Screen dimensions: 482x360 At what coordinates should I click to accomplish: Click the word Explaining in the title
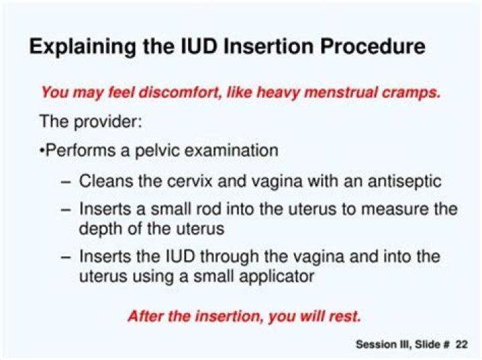pos(82,48)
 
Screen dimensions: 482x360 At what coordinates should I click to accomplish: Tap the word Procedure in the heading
pos(373,46)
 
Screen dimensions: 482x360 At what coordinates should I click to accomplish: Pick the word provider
pos(108,121)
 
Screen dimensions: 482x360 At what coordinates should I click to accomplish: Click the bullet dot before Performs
pos(42,151)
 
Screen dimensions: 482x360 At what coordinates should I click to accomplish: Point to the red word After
pos(145,316)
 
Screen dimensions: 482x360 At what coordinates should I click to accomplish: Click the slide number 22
pos(462,345)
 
